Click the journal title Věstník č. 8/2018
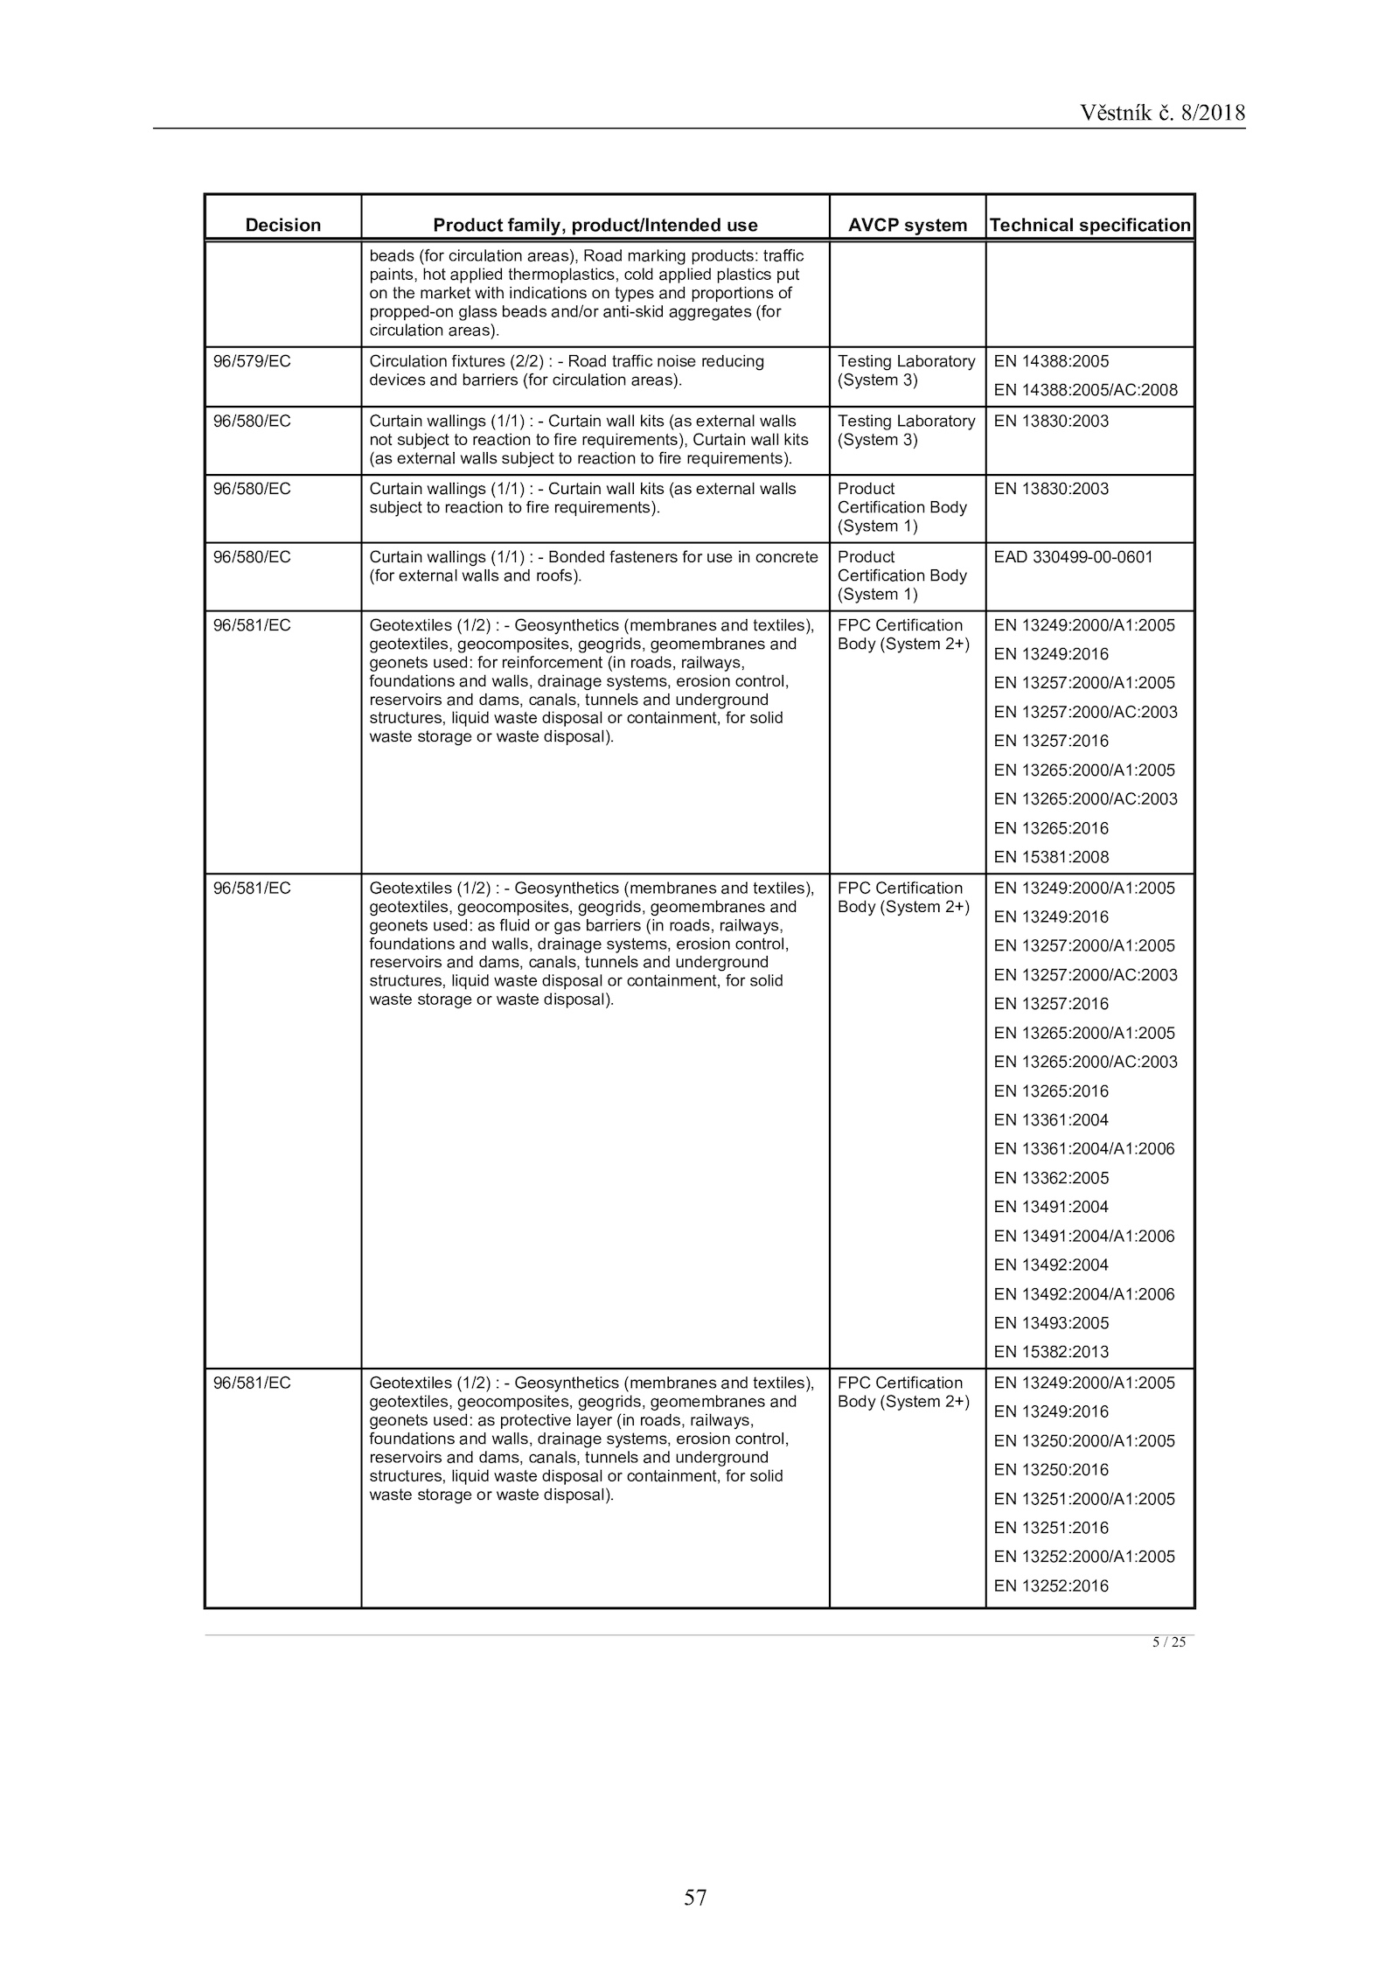pyautogui.click(x=1161, y=113)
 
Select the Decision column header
pyautogui.click(x=282, y=225)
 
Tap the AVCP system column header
pyautogui.click(x=907, y=225)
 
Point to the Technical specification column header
pyautogui.click(x=1089, y=225)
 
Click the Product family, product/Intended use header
pyautogui.click(x=595, y=225)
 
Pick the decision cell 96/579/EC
pyautogui.click(x=252, y=361)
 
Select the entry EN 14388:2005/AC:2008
pyautogui.click(x=1085, y=390)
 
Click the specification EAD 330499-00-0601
pyautogui.click(x=1073, y=557)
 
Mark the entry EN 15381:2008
pyautogui.click(x=1051, y=857)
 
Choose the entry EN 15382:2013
pyautogui.click(x=1051, y=1352)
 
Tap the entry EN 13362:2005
pyautogui.click(x=1051, y=1178)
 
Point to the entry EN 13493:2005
pyautogui.click(x=1051, y=1323)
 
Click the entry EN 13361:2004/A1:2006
pyautogui.click(x=1084, y=1149)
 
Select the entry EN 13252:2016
pyautogui.click(x=1051, y=1586)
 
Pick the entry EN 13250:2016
pyautogui.click(x=1051, y=1470)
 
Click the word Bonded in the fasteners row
pyautogui.click(x=576, y=557)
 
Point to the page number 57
pyautogui.click(x=695, y=1897)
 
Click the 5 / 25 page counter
pyautogui.click(x=1168, y=1642)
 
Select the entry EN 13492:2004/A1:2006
pyautogui.click(x=1084, y=1294)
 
